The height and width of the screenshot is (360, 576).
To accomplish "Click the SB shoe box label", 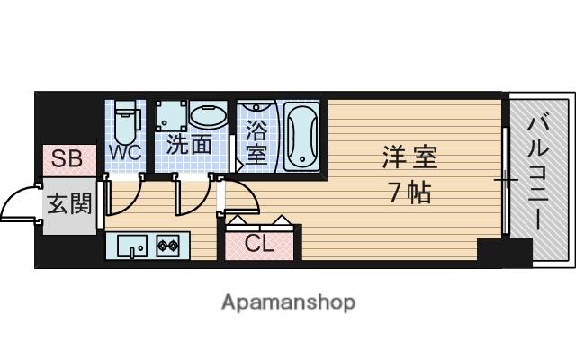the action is click(x=67, y=158).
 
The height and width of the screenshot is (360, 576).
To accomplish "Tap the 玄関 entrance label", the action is click(x=69, y=203).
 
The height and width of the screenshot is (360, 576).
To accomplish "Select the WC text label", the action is click(x=126, y=152).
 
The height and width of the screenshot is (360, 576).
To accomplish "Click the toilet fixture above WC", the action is click(x=126, y=122).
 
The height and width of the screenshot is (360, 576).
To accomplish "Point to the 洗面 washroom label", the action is click(x=189, y=144).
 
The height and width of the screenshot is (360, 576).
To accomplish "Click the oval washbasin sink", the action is click(x=208, y=114).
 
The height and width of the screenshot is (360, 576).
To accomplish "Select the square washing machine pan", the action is click(x=171, y=115).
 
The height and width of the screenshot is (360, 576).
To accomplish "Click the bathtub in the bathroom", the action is click(x=302, y=137).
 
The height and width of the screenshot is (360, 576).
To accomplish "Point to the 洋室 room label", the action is click(x=410, y=157).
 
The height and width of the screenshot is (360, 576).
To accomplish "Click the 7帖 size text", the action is click(x=410, y=192).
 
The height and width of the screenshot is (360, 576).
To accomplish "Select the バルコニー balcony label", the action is click(x=538, y=173).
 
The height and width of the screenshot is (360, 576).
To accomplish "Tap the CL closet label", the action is click(x=259, y=244).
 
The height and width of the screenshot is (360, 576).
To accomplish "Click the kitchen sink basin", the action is click(x=132, y=246).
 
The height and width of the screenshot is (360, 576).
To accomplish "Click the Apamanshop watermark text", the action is click(x=288, y=302).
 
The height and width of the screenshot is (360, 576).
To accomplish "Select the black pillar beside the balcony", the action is click(x=505, y=253).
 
